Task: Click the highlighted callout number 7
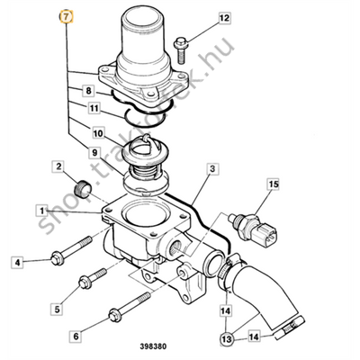(x=67, y=17)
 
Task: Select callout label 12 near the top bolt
(x=224, y=18)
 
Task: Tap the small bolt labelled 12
(x=181, y=50)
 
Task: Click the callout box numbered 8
(x=88, y=91)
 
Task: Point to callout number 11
(x=94, y=108)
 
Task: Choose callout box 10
(x=98, y=133)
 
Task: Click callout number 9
(x=94, y=153)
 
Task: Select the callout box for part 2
(x=58, y=166)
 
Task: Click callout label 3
(x=212, y=169)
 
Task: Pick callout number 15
(x=274, y=184)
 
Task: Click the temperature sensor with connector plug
(x=254, y=228)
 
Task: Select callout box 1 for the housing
(x=42, y=211)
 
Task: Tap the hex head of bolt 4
(x=57, y=258)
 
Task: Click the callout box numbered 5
(x=57, y=309)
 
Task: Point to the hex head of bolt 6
(x=115, y=315)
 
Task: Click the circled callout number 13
(x=227, y=339)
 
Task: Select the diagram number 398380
(x=153, y=346)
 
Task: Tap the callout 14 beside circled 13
(x=254, y=337)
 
